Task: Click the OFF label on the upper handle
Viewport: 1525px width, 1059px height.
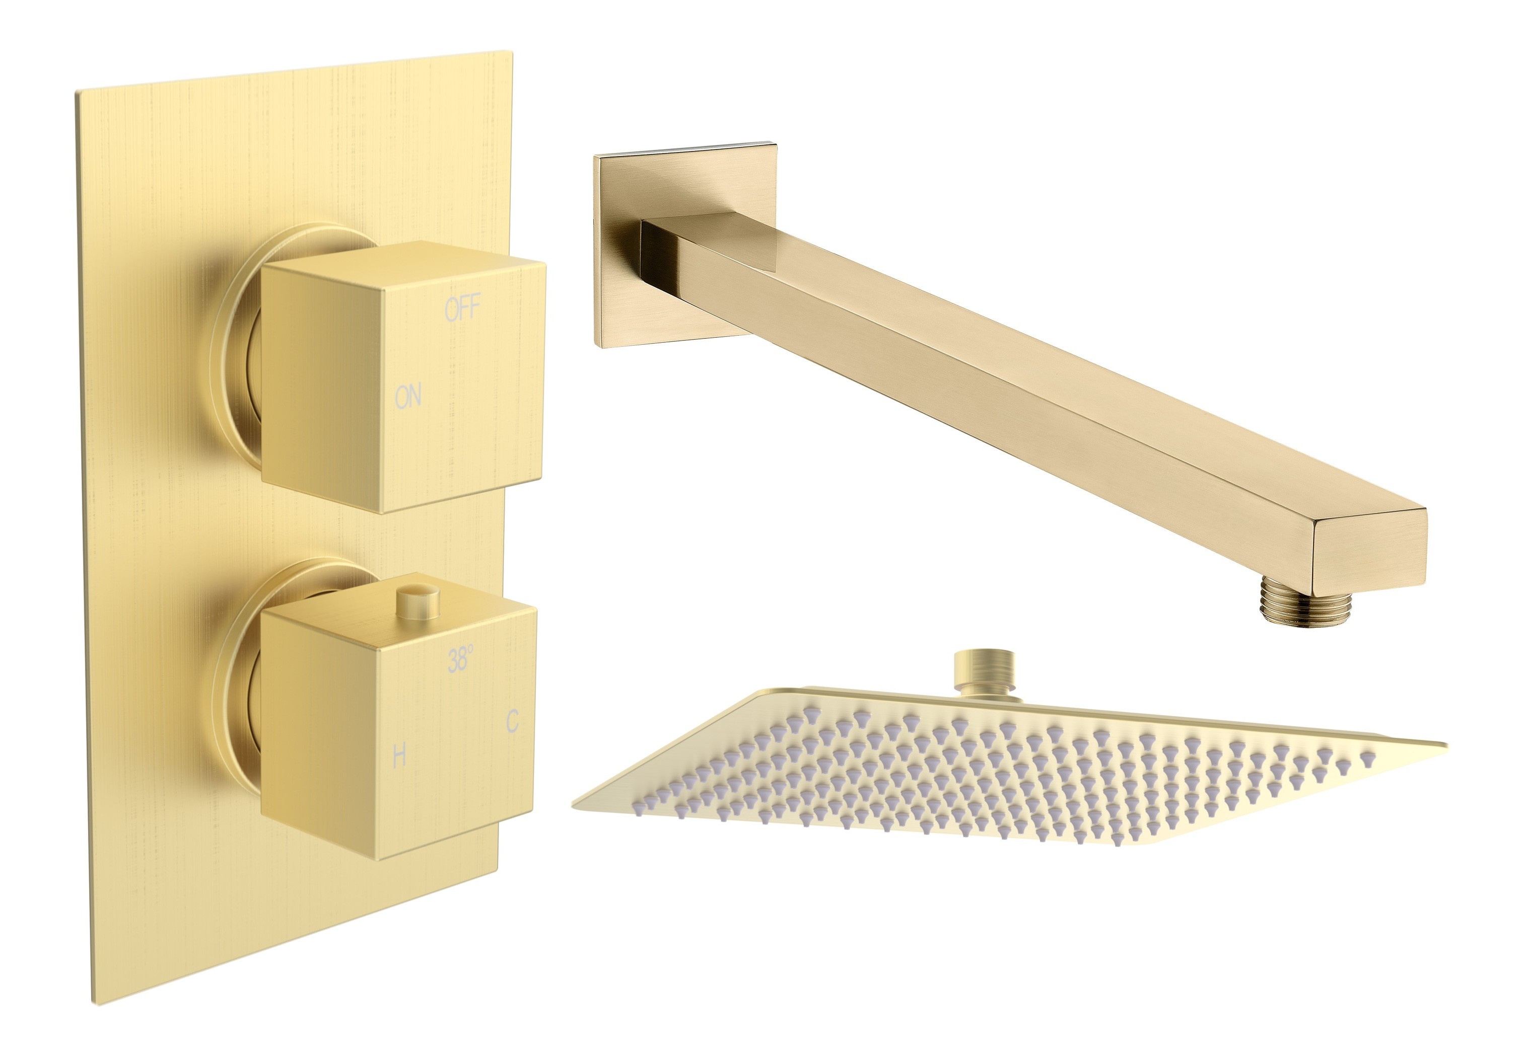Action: click(461, 309)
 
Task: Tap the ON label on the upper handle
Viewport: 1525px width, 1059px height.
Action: click(407, 397)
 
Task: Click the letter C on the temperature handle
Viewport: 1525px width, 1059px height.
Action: click(511, 721)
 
